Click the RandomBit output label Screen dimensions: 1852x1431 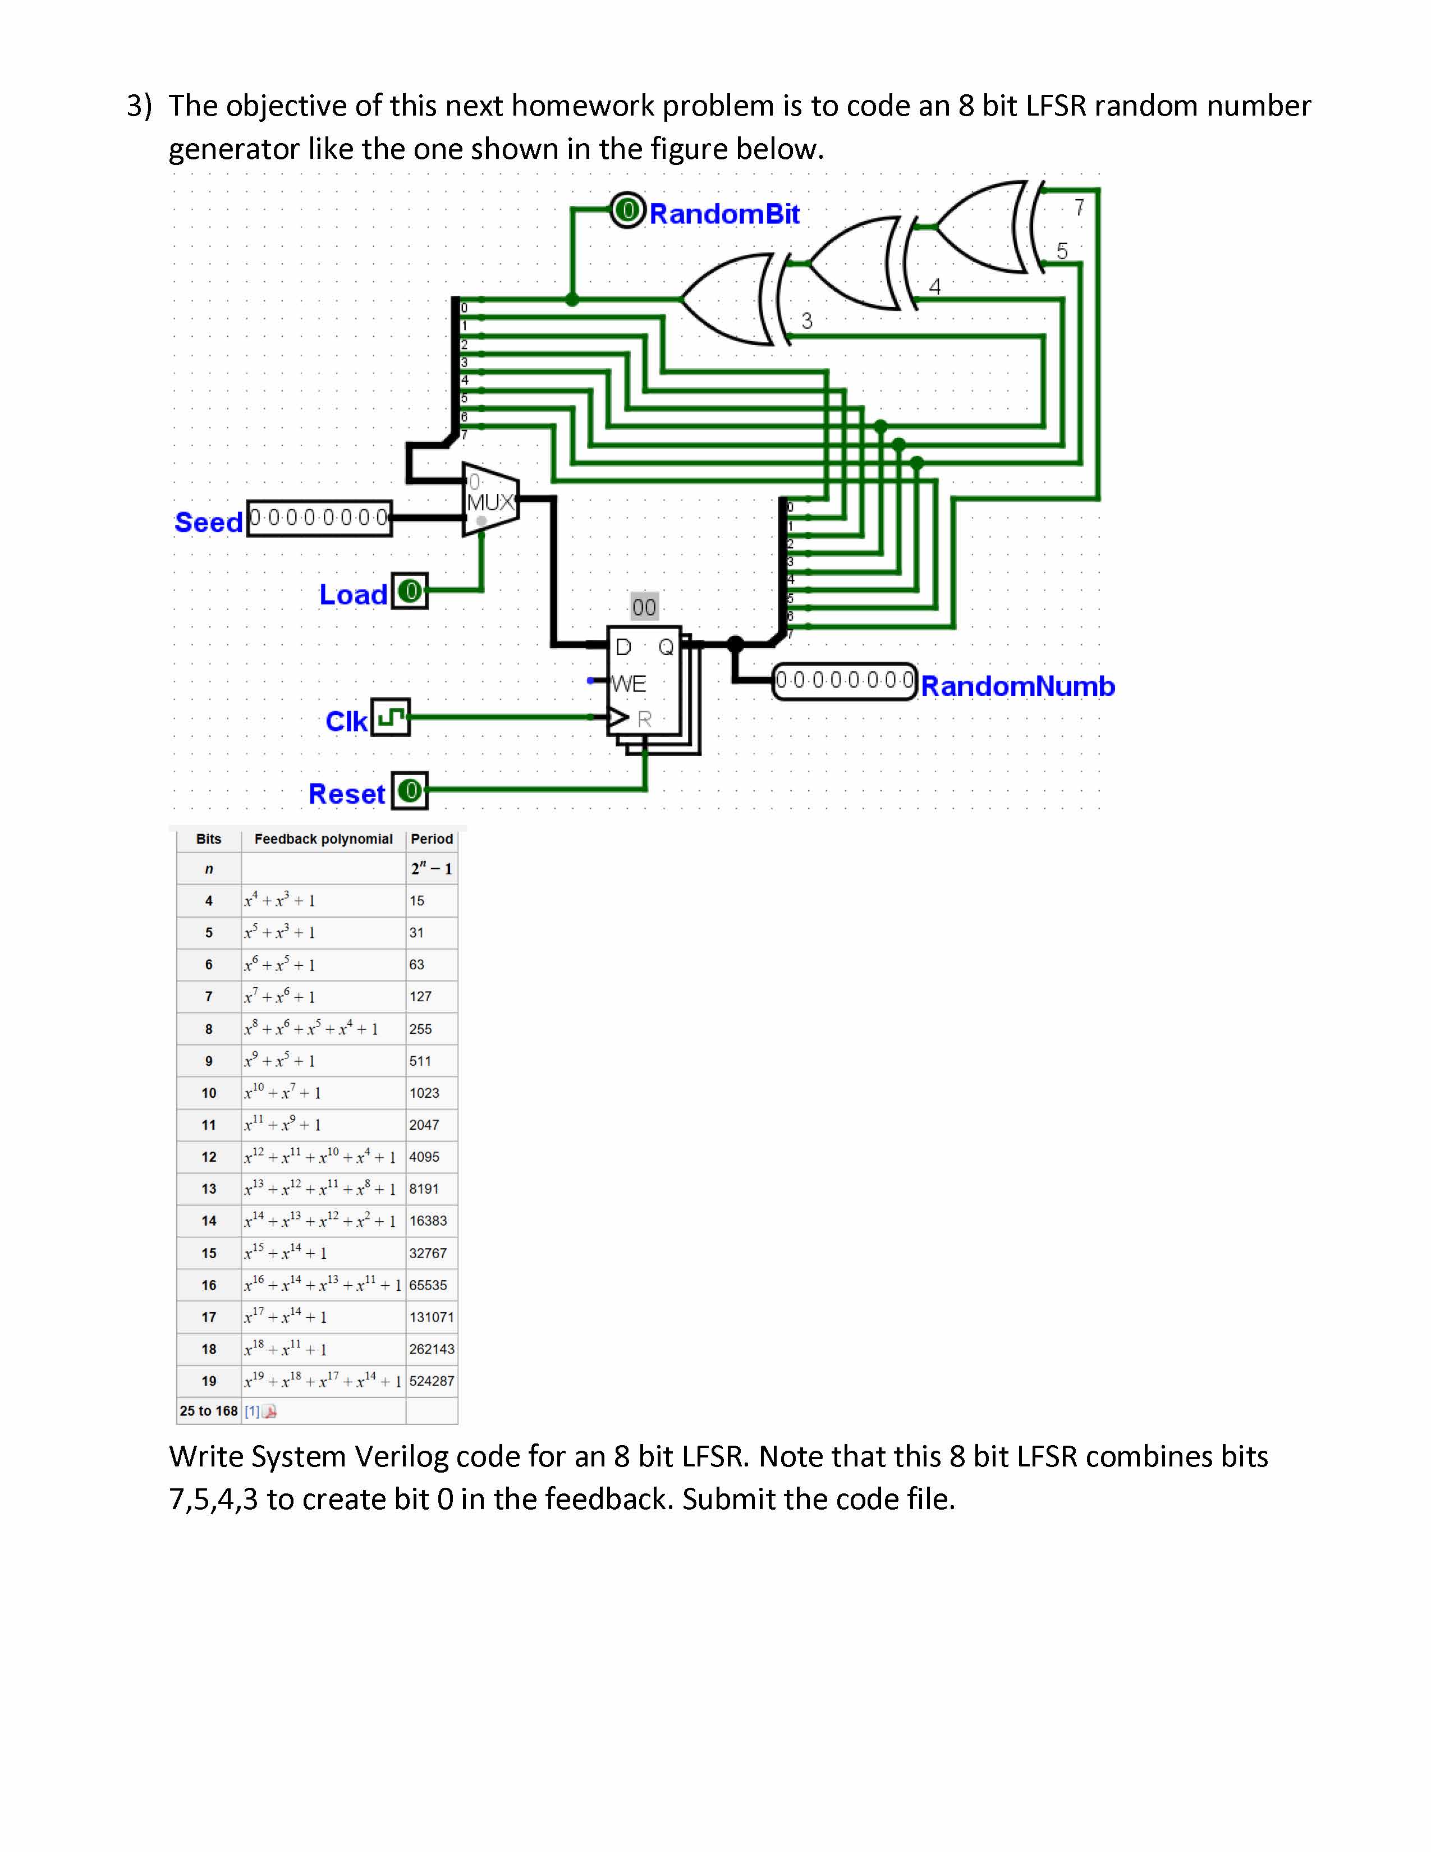point(723,214)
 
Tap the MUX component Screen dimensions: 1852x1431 point(490,500)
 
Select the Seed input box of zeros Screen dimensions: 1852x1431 point(320,517)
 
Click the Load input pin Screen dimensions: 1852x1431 point(410,591)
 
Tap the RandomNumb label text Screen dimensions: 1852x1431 point(1017,686)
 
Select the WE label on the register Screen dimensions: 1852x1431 point(628,684)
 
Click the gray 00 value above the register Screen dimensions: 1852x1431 point(644,607)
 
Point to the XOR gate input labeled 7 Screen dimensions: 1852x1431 point(1079,207)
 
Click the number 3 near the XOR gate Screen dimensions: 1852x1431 point(807,320)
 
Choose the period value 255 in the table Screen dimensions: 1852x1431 point(420,1029)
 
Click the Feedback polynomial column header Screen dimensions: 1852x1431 point(323,838)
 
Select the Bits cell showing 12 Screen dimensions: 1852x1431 point(209,1157)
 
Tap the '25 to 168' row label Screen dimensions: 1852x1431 point(208,1411)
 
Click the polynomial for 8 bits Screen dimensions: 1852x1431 point(311,1029)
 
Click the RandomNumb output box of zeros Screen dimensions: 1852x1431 point(845,681)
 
